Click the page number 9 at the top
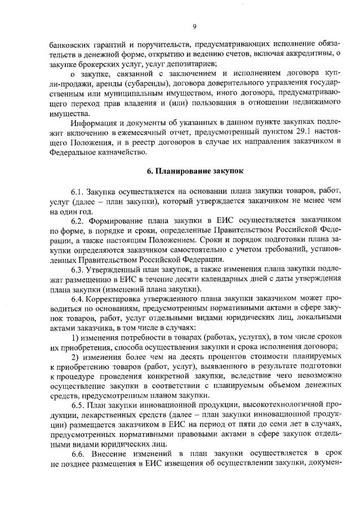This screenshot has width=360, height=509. point(194,26)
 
